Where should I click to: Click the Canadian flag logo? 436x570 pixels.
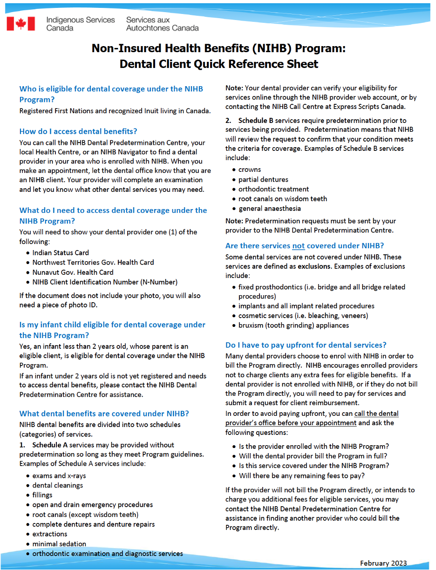click(21, 23)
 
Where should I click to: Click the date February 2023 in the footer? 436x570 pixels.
click(383, 563)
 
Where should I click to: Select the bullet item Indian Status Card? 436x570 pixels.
click(61, 253)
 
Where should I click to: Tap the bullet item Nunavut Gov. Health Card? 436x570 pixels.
click(73, 272)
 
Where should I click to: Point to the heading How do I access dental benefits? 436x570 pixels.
click(78, 131)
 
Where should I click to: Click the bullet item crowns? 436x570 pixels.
click(250, 170)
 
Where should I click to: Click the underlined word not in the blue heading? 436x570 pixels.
click(298, 246)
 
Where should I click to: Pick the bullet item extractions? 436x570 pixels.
click(50, 534)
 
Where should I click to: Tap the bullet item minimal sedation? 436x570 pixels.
click(59, 544)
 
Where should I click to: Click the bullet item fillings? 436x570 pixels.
click(42, 495)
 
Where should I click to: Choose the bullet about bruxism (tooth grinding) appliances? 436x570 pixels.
click(293, 325)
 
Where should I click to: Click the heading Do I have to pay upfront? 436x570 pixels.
click(306, 345)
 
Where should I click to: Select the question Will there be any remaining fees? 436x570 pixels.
click(301, 475)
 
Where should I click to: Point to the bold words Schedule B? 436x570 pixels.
click(255, 121)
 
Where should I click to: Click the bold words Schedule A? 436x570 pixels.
click(50, 445)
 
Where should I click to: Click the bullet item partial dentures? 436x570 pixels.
click(263, 179)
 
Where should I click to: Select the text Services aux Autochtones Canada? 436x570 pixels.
click(162, 24)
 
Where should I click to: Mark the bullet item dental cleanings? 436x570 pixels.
click(58, 485)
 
